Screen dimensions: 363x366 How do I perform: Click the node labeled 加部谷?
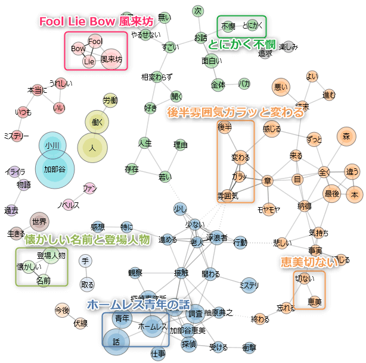54,169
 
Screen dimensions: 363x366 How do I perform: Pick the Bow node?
77,48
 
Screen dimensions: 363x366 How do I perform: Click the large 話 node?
116,341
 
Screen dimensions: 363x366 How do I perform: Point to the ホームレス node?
151,327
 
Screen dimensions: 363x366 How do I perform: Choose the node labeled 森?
346,136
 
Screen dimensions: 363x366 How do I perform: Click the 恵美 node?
315,302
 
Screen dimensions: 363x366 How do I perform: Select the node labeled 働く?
97,121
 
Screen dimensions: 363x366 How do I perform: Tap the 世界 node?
39,221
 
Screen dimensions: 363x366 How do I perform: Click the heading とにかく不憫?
241,44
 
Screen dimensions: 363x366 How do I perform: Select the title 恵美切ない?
303,262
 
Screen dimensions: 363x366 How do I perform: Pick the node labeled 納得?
304,206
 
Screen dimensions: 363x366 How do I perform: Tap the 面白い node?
212,60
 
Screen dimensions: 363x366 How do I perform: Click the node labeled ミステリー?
16,136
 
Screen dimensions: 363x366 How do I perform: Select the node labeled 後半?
224,126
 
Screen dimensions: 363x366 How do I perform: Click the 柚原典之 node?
218,312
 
